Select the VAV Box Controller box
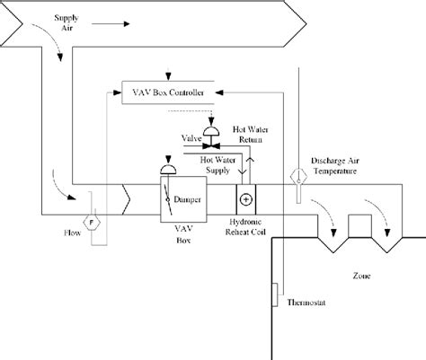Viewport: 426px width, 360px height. tap(167, 92)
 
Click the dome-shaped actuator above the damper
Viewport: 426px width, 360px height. tap(168, 170)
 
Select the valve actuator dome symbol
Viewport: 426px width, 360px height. tap(212, 131)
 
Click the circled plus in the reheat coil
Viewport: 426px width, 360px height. tap(244, 198)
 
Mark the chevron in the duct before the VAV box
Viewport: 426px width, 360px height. tap(126, 198)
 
